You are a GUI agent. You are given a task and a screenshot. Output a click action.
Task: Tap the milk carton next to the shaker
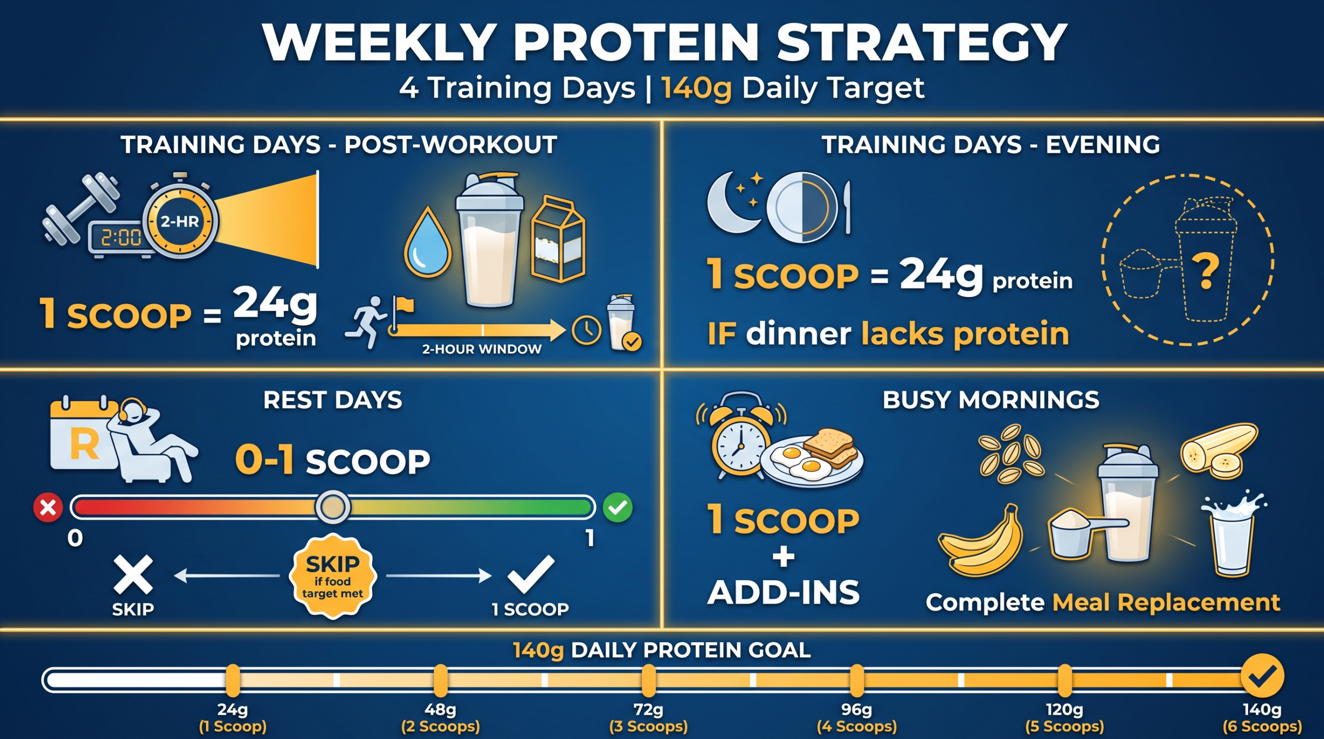[x=558, y=238]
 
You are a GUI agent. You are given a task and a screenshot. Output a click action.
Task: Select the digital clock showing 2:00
[x=121, y=238]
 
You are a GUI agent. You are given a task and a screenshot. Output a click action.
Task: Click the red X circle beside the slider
[x=48, y=508]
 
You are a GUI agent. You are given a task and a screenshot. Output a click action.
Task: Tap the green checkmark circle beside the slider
[x=618, y=507]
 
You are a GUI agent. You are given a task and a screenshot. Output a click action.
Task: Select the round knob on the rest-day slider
[x=333, y=507]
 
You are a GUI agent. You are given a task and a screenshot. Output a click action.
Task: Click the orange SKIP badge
[x=333, y=576]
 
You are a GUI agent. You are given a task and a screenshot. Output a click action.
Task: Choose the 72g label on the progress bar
[x=649, y=710]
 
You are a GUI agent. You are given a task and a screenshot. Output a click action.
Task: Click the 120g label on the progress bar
[x=1064, y=710]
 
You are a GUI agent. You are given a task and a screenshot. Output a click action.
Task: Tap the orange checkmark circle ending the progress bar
[x=1262, y=676]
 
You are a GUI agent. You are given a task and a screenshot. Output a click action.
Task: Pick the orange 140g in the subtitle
[x=696, y=88]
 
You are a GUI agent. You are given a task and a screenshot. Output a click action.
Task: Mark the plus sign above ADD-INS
[x=784, y=557]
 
